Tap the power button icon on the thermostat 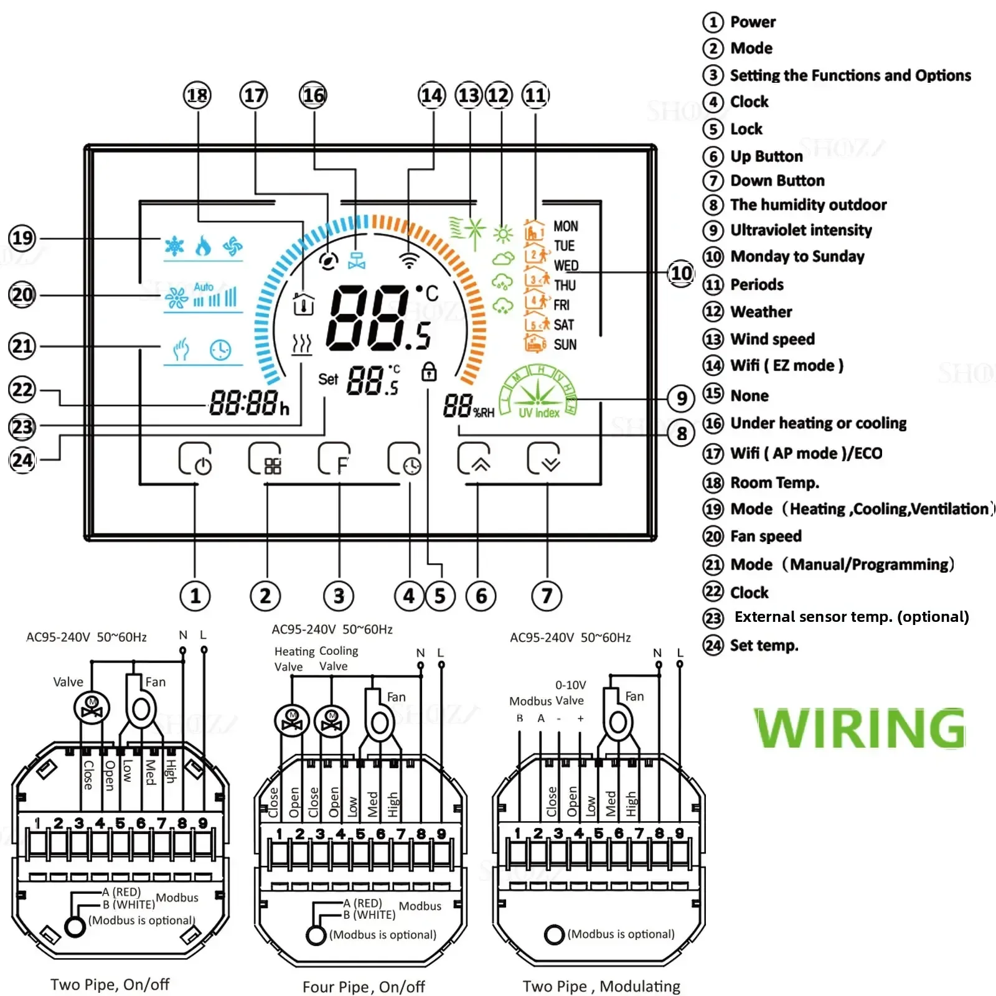click(x=195, y=459)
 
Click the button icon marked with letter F click(x=335, y=459)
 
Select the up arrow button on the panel click(x=474, y=459)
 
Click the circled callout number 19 click(x=22, y=238)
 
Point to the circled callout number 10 click(x=681, y=273)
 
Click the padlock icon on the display click(x=429, y=372)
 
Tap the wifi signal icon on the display click(x=408, y=260)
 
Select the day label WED click(x=566, y=266)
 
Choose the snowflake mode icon click(x=174, y=246)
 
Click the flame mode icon click(x=203, y=246)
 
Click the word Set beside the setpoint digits click(x=328, y=379)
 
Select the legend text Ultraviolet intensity click(x=801, y=230)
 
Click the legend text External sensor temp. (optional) click(x=851, y=617)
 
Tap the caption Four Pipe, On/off click(x=364, y=987)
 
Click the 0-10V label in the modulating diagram click(x=570, y=685)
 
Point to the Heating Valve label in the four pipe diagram click(x=294, y=659)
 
